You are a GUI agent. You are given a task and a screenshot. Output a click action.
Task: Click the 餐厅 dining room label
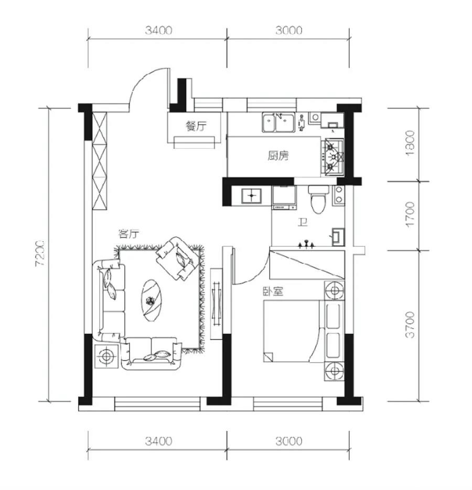coord(196,127)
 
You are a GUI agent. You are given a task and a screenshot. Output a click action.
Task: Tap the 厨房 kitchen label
coord(278,155)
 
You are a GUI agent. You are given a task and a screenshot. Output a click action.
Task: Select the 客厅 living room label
coord(128,234)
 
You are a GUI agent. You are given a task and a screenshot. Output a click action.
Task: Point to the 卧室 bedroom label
coord(273,291)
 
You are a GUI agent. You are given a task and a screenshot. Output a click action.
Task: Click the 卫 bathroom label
coord(303,222)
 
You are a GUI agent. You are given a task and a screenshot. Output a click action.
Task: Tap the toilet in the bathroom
coord(318,199)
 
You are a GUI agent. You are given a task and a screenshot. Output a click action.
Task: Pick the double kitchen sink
coord(278,122)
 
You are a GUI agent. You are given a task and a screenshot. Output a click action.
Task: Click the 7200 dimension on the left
coord(41,253)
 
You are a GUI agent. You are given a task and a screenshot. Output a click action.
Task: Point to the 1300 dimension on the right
coord(410,143)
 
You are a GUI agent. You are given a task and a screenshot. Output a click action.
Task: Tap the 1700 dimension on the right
coord(410,214)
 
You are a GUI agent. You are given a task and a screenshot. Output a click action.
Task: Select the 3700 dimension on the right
coord(410,324)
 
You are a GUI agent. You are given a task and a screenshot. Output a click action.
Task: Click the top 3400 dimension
coord(158,30)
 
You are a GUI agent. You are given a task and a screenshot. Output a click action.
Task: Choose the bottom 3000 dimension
coord(288,441)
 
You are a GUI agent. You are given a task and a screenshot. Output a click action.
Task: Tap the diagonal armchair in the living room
coord(178,258)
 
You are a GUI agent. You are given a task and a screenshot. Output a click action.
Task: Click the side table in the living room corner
coord(106,356)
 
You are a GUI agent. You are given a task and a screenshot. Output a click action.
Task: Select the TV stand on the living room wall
coord(216,304)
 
